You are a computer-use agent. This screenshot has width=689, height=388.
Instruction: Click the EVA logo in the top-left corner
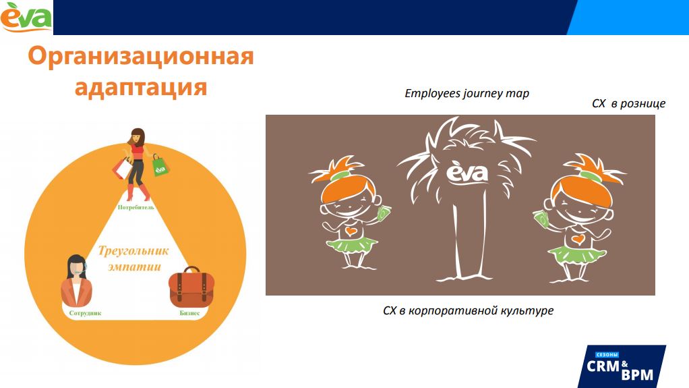point(26,18)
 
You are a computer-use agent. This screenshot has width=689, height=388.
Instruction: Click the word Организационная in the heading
point(141,57)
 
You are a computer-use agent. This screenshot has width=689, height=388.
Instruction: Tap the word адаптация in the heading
point(141,87)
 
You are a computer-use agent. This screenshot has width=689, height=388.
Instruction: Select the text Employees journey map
point(467,93)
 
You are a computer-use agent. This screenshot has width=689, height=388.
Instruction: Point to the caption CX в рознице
point(628,104)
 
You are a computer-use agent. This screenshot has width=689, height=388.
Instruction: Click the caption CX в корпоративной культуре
point(468,310)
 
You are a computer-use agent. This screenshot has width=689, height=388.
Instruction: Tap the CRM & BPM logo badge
point(620,366)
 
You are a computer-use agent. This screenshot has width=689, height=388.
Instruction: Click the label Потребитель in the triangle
point(136,207)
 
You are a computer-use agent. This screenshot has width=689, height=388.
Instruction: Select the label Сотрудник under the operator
point(85,313)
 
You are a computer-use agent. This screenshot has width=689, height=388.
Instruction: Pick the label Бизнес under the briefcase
point(189,313)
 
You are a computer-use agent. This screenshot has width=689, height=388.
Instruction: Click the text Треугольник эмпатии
point(133,258)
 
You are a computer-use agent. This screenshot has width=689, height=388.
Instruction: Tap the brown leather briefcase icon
point(191,287)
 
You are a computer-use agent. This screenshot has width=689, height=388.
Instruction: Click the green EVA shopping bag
point(160,166)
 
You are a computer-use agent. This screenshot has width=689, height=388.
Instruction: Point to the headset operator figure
point(77,281)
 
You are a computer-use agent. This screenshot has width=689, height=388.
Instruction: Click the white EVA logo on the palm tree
point(467,172)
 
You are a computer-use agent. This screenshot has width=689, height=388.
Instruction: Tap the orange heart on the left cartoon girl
point(350,231)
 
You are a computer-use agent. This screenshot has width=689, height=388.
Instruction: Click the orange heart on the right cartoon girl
point(578,239)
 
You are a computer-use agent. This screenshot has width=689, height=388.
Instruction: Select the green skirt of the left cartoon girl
point(351,245)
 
